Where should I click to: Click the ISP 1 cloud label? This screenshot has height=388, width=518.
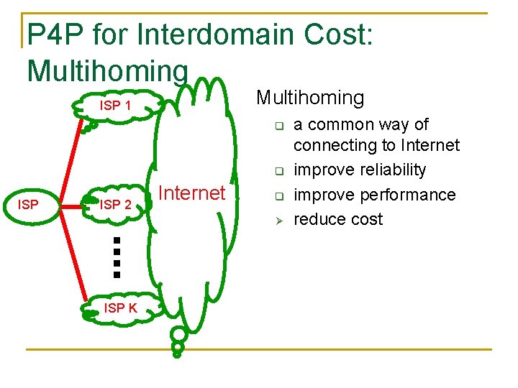tap(115, 106)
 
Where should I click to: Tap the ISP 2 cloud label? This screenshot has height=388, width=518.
tap(115, 205)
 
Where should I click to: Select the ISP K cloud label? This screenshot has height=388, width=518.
tap(120, 308)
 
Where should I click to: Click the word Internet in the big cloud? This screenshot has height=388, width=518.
tap(191, 193)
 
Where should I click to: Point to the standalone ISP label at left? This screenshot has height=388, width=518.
tap(28, 205)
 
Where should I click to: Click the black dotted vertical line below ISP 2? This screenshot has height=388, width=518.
tap(117, 255)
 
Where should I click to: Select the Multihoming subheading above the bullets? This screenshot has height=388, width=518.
tap(310, 97)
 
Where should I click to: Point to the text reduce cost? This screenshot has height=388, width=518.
tap(338, 219)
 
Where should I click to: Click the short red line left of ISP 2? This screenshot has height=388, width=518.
tap(72, 205)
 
